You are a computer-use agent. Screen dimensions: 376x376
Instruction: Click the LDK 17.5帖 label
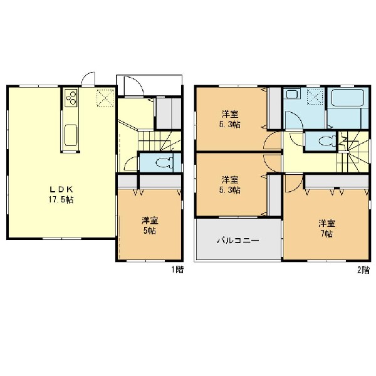pos(61,194)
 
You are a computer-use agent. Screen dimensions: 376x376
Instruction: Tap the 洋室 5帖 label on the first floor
pos(150,226)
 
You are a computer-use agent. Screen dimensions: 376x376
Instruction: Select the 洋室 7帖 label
pos(326,228)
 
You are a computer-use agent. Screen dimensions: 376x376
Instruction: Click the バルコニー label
pos(238,240)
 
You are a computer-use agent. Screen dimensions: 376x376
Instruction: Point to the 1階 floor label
pos(177,269)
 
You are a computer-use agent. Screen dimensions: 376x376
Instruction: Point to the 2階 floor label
pos(363,270)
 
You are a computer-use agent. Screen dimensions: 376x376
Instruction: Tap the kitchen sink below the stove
pos(71,135)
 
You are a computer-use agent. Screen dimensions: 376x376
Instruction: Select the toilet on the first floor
pos(164,163)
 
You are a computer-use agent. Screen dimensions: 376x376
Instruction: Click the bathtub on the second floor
pos(348,98)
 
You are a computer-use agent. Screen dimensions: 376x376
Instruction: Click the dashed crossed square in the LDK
pos(105,97)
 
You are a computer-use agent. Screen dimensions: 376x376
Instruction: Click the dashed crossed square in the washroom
pos(315,97)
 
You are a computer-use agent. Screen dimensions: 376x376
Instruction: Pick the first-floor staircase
pos(159,140)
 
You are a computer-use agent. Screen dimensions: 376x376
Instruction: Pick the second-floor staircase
pos(353,152)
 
